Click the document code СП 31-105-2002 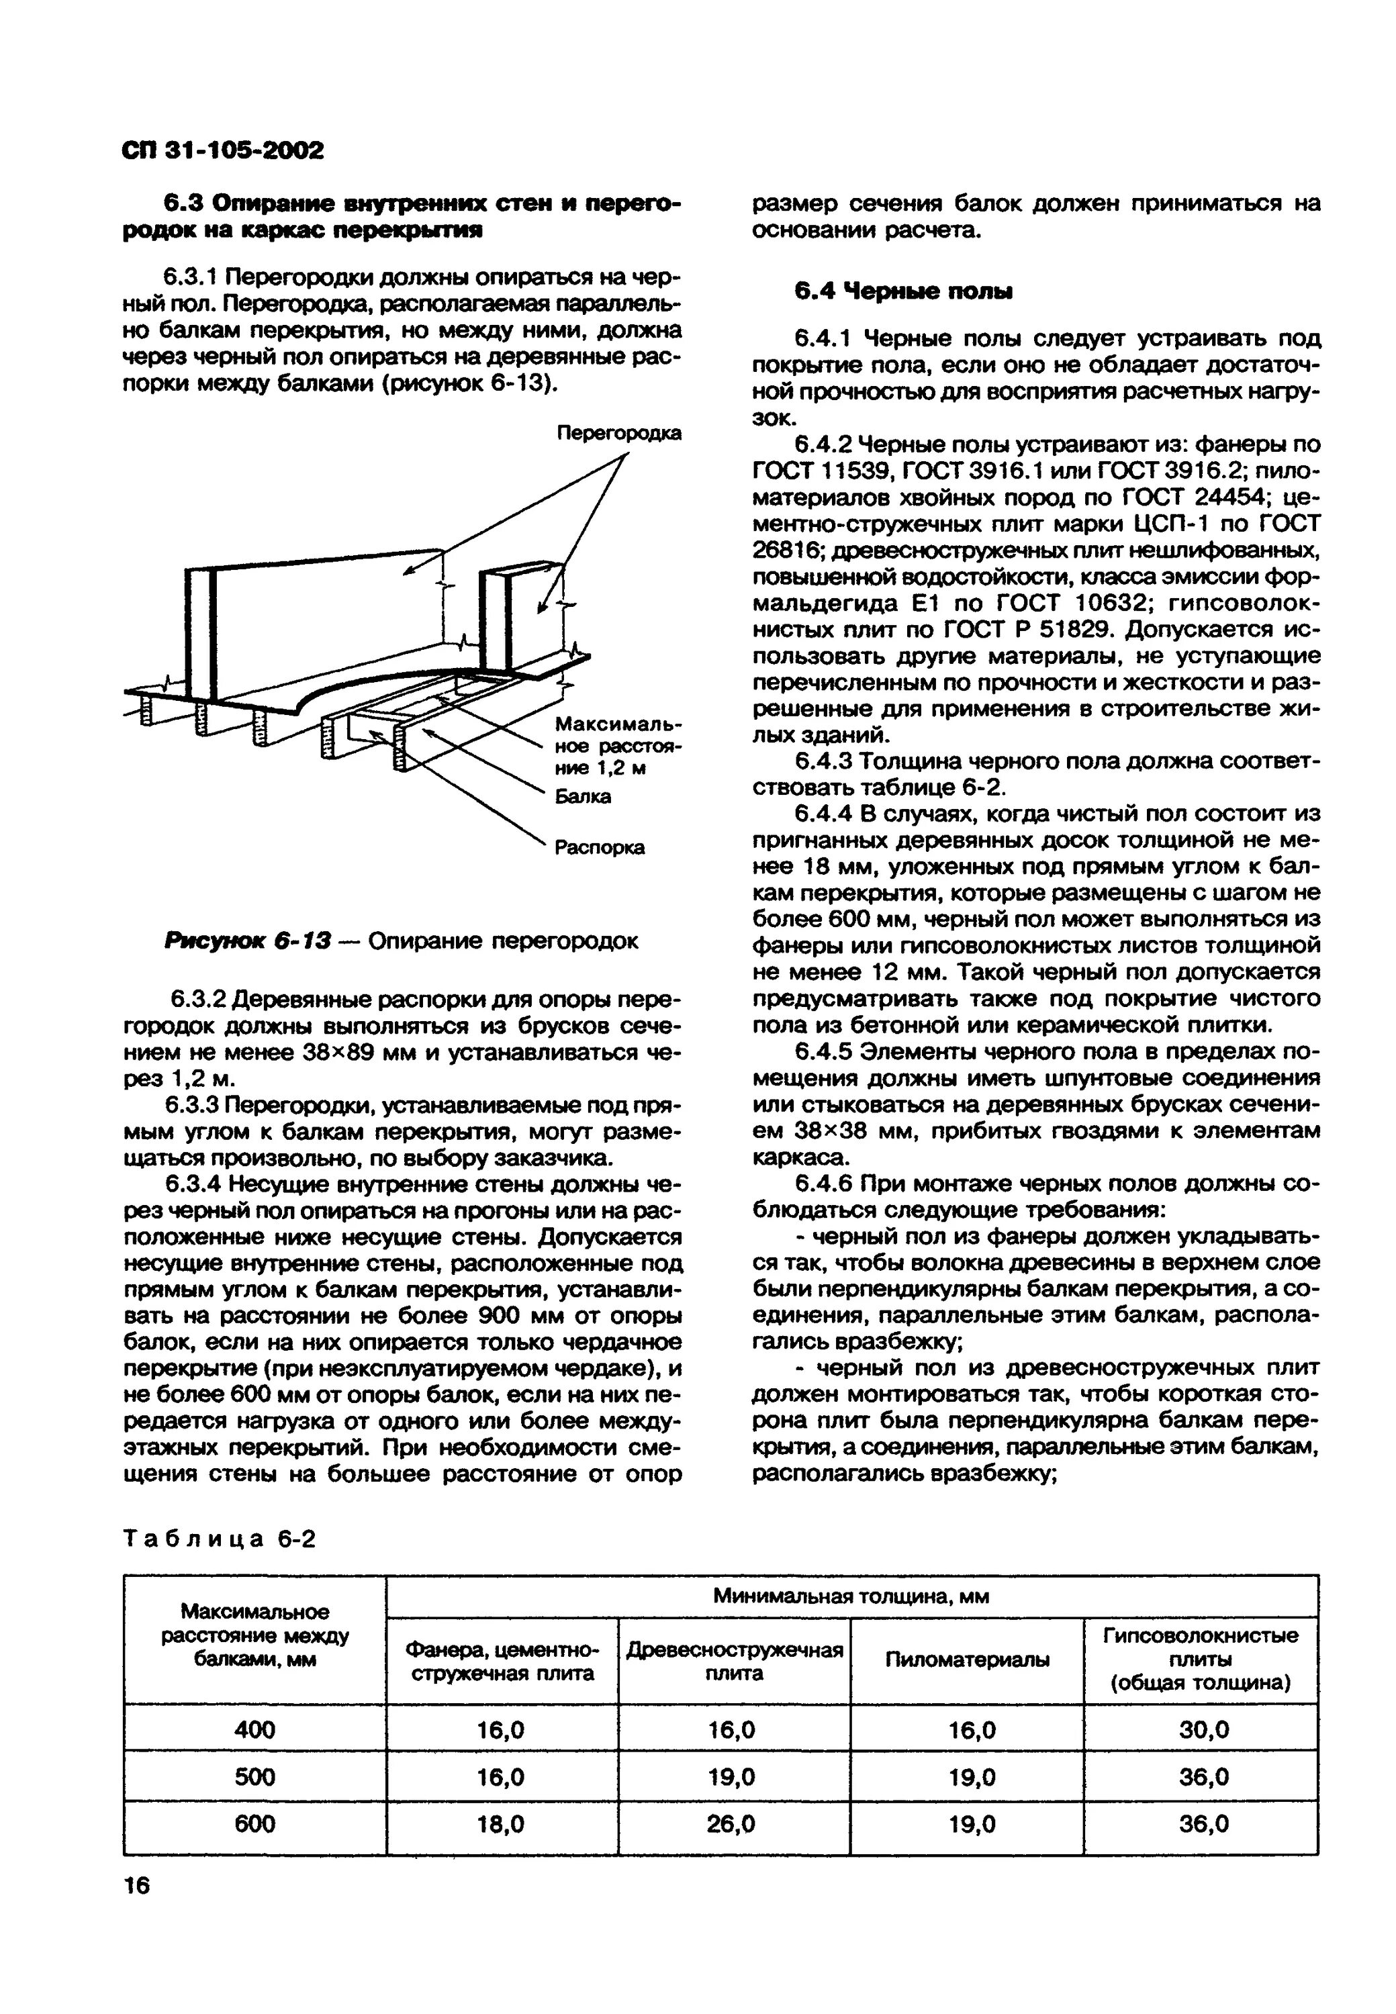point(222,150)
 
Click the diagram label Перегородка point(619,433)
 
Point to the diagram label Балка point(583,797)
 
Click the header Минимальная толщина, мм point(850,1596)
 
